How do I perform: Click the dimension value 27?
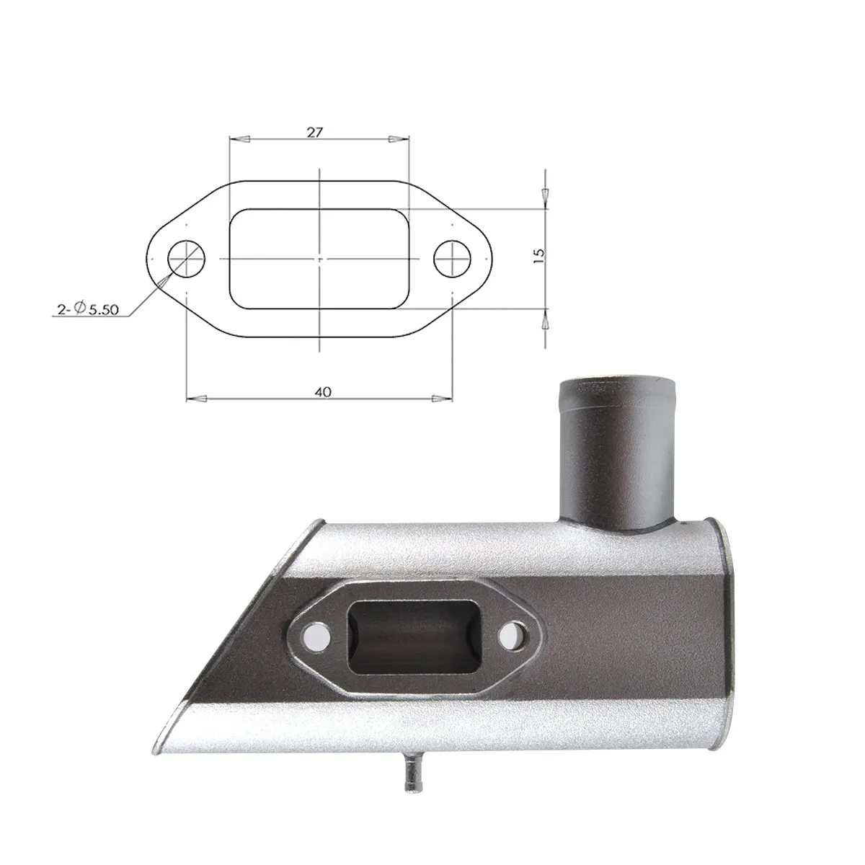[x=314, y=133]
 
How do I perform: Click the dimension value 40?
[x=323, y=392]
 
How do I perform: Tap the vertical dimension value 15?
[x=540, y=255]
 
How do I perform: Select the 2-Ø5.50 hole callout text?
[x=87, y=309]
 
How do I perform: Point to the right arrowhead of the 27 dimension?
[x=399, y=139]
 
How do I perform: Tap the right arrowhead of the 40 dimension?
[x=442, y=398]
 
